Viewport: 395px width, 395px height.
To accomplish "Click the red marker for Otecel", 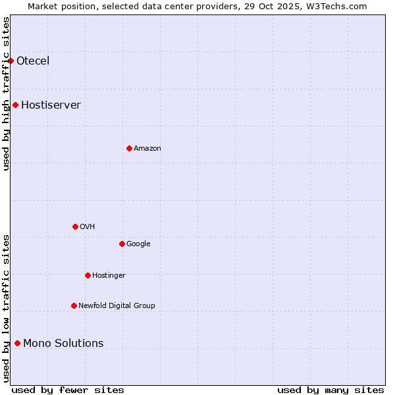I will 11,61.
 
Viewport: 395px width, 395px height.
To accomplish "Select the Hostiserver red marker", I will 15,105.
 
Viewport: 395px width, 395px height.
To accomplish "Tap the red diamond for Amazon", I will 129,149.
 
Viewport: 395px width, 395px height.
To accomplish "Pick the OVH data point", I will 75,227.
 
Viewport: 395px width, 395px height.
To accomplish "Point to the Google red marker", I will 122,244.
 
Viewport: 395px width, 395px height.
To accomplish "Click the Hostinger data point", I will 88,276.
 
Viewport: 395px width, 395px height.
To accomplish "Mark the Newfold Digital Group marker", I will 74,306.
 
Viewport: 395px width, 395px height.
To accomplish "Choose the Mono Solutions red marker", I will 17,344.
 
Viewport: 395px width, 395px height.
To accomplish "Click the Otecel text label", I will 33,61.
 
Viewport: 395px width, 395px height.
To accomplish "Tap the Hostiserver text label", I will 51,105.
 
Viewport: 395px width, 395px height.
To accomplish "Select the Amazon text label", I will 147,149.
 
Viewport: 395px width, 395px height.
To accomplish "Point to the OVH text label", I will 88,227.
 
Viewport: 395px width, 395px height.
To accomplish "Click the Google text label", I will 138,244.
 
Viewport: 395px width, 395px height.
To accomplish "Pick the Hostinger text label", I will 109,276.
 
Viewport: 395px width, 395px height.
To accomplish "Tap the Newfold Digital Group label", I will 117,306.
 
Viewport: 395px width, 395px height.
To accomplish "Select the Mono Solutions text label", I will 63,344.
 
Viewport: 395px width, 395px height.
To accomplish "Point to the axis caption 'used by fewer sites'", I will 68,390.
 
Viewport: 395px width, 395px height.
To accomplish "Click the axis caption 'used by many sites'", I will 330,390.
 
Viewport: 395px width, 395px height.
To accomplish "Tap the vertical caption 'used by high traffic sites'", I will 7,93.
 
